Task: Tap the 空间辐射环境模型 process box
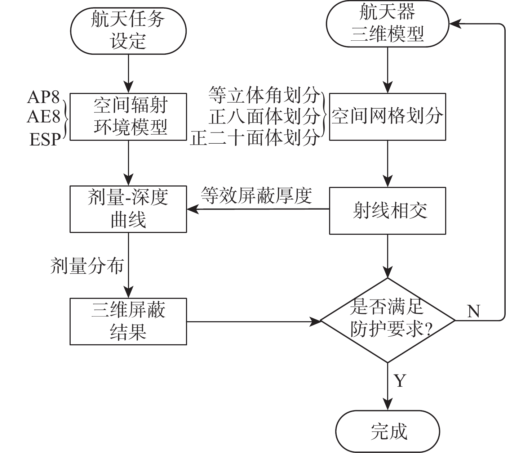pos(128,117)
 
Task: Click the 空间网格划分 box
pos(387,117)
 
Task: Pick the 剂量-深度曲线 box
pos(128,209)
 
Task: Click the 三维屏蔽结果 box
pos(128,321)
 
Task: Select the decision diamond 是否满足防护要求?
pos(387,320)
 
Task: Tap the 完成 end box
pos(388,431)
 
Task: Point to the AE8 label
pos(44,117)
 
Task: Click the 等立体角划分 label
pos(265,95)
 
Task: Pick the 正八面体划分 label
pos(265,116)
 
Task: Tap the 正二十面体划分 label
pos(255,138)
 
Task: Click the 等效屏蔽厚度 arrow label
pos(257,196)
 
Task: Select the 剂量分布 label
pos(87,266)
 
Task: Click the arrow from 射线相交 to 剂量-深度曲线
pos(258,209)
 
